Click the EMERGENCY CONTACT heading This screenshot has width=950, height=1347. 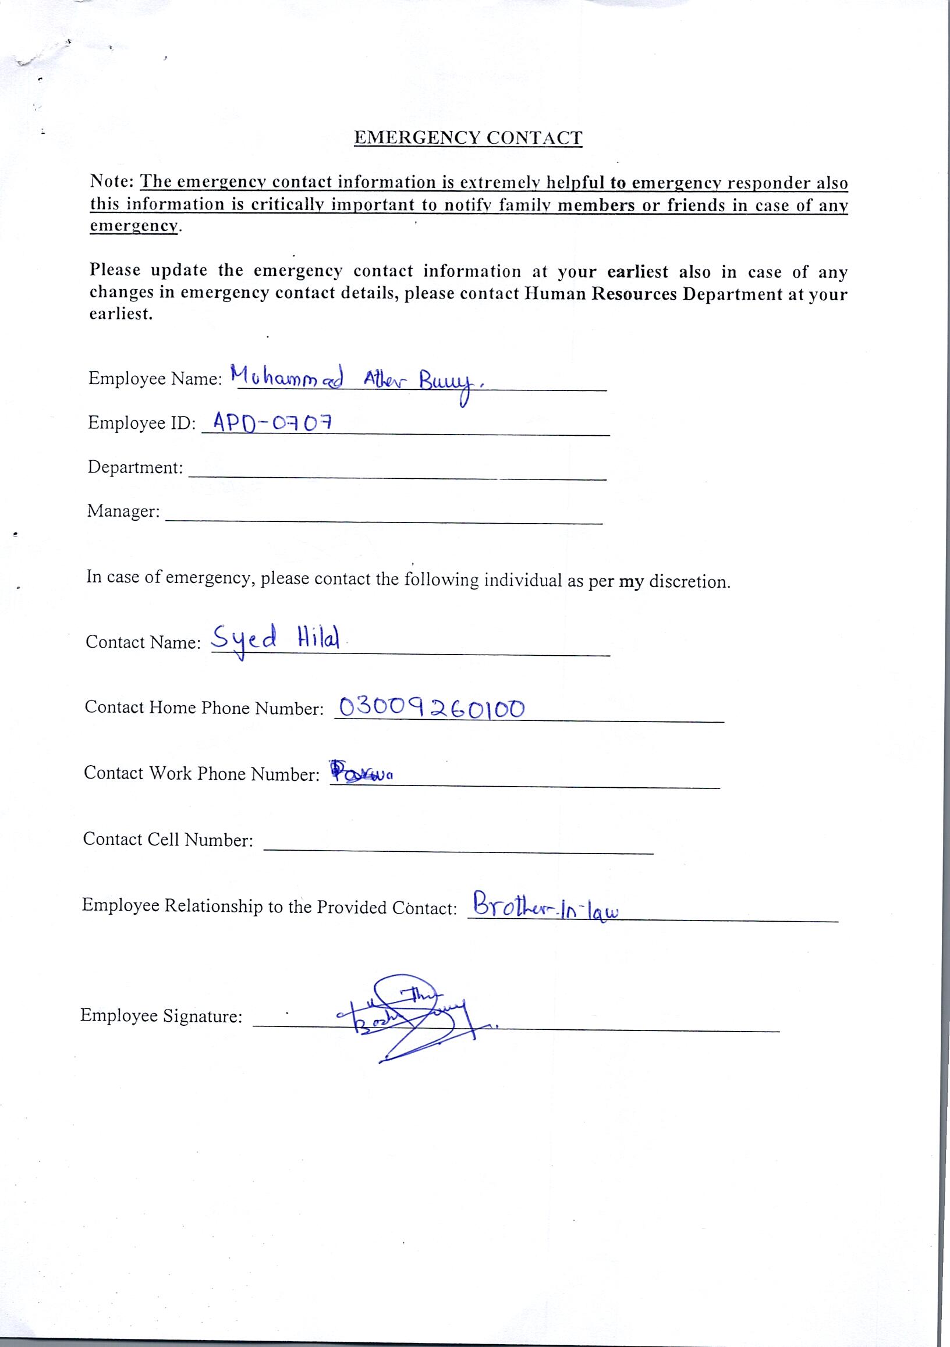[x=468, y=138]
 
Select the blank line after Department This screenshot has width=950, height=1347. [x=396, y=477]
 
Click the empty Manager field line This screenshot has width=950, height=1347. [x=384, y=520]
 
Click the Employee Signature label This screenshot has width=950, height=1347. [x=161, y=1015]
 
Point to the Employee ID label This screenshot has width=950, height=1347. [x=141, y=422]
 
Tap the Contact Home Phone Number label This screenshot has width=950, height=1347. [x=204, y=708]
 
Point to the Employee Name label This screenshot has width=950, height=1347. [x=154, y=378]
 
